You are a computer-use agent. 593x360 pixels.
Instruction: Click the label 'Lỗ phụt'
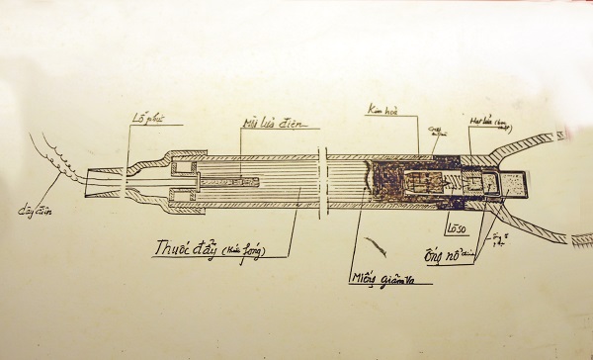coord(147,119)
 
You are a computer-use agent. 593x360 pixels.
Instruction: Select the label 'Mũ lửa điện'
coord(270,124)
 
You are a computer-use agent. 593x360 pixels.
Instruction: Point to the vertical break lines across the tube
coord(323,183)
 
